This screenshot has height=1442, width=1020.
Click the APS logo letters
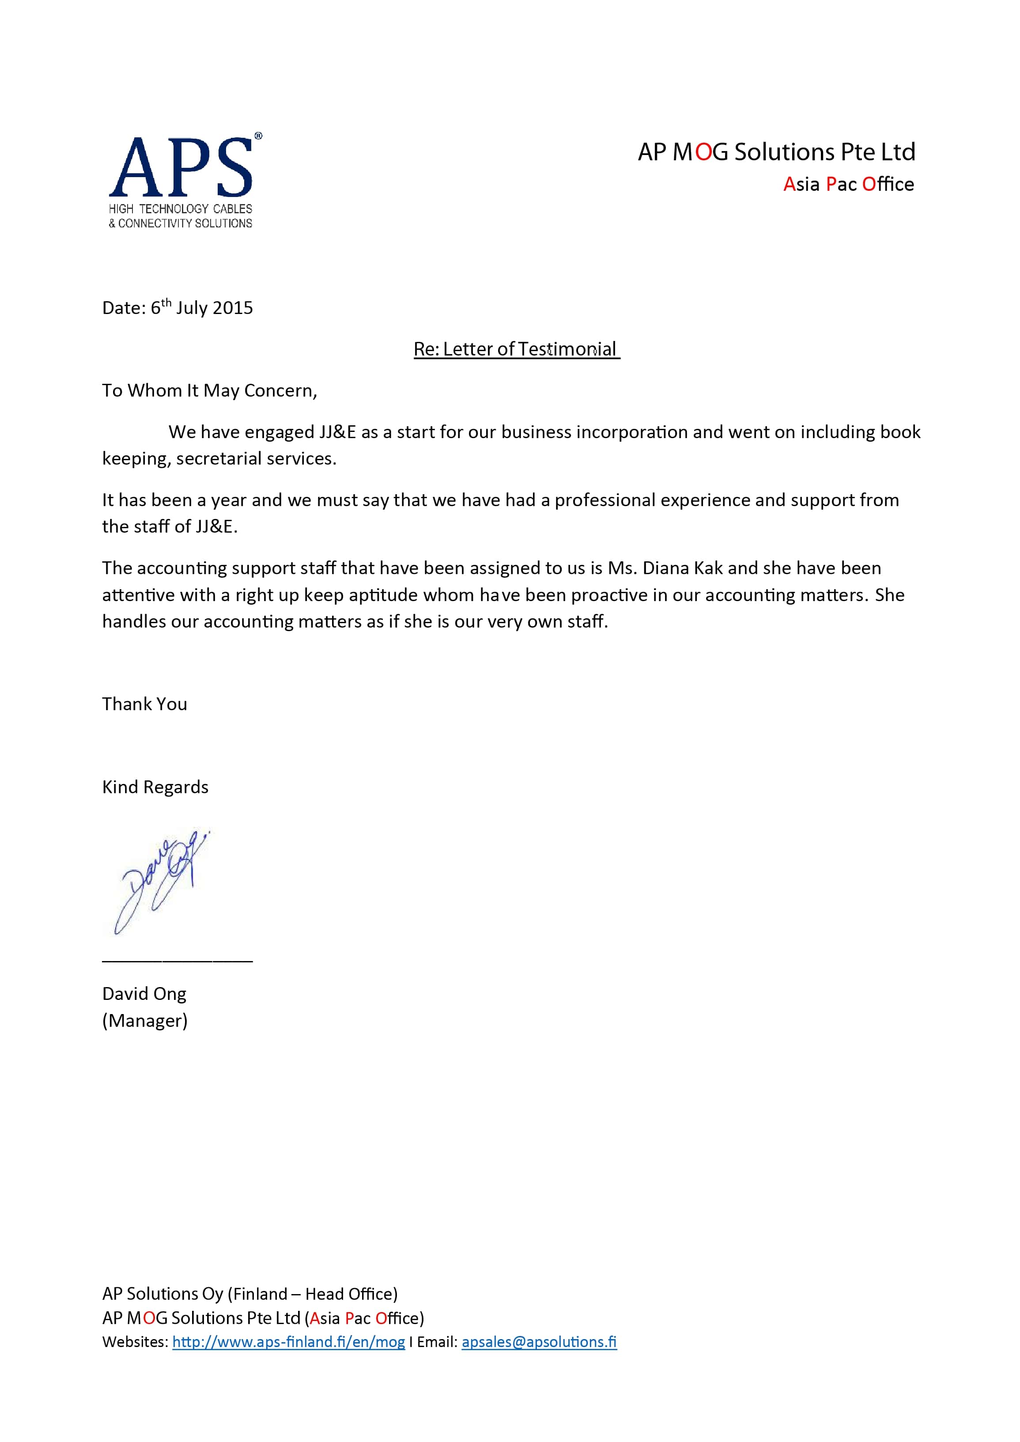[x=181, y=168]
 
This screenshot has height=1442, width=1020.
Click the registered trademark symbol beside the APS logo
[x=258, y=136]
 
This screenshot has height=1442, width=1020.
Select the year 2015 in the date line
[x=233, y=308]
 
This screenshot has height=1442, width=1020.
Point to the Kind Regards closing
[x=155, y=787]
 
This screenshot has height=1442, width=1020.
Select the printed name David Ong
[x=144, y=994]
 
